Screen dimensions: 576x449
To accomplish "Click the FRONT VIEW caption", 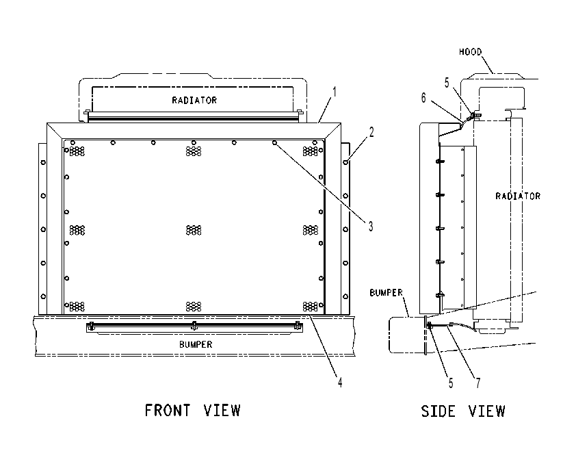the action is click(x=192, y=411).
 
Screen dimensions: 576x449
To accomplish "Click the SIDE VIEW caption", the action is click(x=463, y=411).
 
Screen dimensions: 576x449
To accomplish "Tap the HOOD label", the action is click(x=470, y=52).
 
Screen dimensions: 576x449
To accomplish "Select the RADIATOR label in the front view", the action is click(x=194, y=100).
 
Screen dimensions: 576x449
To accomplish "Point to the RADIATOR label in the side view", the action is click(x=518, y=196).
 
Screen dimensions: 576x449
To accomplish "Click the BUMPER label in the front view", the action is click(x=196, y=344).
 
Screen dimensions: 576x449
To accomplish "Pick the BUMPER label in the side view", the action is click(x=386, y=292).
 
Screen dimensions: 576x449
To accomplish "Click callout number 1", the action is click(x=334, y=92).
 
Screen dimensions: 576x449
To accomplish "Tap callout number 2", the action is click(x=371, y=132).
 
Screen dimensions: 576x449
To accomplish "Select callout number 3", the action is click(x=371, y=227).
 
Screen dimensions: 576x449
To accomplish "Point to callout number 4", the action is click(x=340, y=382).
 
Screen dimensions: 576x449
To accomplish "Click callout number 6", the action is click(x=423, y=98).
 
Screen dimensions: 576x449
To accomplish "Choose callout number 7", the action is click(x=478, y=383).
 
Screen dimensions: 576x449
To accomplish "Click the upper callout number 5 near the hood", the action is click(x=447, y=83).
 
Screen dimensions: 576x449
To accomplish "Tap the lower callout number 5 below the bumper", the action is click(x=451, y=383).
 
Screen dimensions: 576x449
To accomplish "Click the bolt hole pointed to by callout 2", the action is click(x=345, y=162).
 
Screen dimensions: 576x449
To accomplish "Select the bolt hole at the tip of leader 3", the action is click(x=274, y=142).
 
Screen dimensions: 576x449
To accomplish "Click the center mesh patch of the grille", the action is click(x=194, y=231).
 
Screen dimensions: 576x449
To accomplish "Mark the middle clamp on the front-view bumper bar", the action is click(x=194, y=326).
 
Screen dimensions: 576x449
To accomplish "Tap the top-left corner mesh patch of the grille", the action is click(x=77, y=151).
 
